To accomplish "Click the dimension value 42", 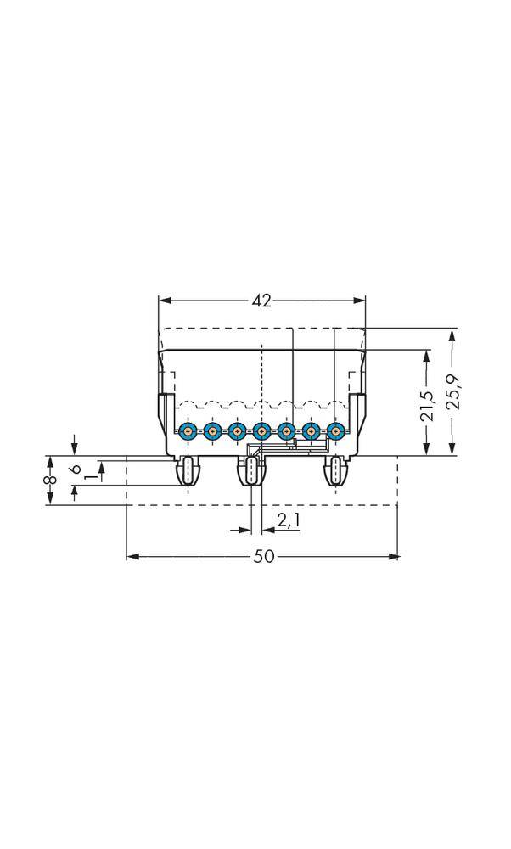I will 261,301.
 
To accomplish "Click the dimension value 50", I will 263,557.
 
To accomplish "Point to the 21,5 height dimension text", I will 427,406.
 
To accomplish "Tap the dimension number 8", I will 50,481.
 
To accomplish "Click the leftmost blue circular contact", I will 188,431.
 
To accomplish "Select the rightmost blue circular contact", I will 337,431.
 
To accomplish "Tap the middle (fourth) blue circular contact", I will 261,431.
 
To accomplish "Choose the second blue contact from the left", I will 212,431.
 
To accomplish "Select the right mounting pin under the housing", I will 337,471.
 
